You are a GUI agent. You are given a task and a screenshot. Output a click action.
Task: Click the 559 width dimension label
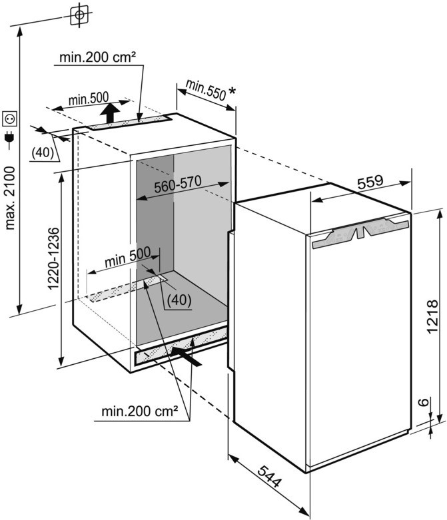click(370, 181)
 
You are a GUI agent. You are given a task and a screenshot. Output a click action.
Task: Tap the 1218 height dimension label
click(432, 316)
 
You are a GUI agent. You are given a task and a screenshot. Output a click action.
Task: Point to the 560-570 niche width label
click(178, 184)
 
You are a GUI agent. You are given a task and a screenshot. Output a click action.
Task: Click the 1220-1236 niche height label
click(53, 258)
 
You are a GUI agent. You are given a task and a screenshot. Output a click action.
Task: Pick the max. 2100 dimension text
click(10, 198)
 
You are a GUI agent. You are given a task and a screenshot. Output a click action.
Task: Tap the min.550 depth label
click(206, 90)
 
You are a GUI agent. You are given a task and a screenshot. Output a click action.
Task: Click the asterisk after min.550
click(232, 91)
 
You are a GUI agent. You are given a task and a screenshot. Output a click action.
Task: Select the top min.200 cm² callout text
click(97, 57)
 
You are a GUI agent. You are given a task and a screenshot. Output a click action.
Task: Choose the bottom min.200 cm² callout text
click(140, 411)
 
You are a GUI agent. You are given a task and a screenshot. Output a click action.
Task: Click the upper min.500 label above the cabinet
click(89, 99)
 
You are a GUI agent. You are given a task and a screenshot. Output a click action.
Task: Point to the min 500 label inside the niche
click(128, 257)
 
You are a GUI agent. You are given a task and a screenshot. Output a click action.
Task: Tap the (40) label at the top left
click(43, 152)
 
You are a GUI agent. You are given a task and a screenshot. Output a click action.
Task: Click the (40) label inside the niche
click(179, 300)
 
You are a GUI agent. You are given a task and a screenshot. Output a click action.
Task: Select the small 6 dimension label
click(423, 402)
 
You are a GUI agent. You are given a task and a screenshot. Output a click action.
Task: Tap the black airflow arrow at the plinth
click(186, 356)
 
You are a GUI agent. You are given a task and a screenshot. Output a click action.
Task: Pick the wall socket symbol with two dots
click(9, 119)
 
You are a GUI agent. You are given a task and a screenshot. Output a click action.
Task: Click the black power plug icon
click(9, 138)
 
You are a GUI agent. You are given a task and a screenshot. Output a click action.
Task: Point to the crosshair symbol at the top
click(79, 15)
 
